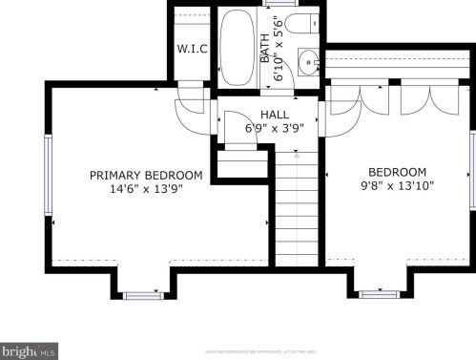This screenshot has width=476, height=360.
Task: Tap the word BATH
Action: click(265, 49)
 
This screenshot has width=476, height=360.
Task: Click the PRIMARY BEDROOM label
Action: click(146, 175)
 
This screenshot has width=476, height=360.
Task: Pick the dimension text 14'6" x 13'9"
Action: click(146, 189)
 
